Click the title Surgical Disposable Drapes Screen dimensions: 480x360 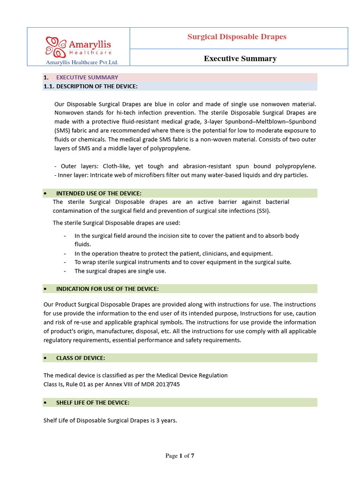(x=237, y=37)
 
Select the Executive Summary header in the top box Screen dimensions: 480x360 (x=240, y=59)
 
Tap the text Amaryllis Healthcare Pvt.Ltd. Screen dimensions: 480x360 (x=82, y=62)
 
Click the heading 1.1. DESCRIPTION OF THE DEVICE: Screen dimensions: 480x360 (x=97, y=86)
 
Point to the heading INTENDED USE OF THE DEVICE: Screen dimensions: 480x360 (x=98, y=193)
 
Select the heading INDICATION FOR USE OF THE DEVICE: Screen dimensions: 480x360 (x=107, y=289)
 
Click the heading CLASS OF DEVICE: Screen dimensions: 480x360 (x=80, y=358)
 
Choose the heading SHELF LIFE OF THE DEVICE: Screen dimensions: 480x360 (x=93, y=403)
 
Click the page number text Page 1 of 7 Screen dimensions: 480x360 (x=180, y=456)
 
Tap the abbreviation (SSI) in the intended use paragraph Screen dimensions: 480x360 (x=263, y=210)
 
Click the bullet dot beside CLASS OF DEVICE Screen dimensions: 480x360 (x=45, y=358)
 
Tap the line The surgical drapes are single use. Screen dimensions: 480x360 (x=120, y=271)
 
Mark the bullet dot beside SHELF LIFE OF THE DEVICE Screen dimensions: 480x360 (x=45, y=403)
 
